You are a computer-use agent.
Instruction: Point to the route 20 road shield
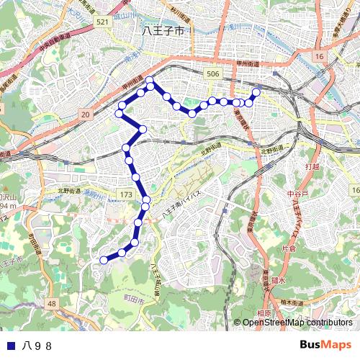click(x=86, y=114)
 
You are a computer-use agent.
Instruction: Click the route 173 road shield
click(x=126, y=195)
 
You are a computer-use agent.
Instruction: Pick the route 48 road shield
click(x=52, y=305)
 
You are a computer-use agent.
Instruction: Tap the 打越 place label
click(x=312, y=167)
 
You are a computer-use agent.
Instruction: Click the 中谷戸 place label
click(x=297, y=194)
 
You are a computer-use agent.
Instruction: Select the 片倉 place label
click(x=288, y=248)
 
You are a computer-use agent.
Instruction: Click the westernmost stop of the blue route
click(x=104, y=260)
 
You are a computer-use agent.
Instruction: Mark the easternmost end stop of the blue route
click(x=256, y=92)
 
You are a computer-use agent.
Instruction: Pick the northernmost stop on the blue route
click(x=150, y=80)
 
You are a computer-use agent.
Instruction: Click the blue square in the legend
click(x=9, y=345)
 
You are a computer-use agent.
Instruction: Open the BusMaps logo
click(x=325, y=345)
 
